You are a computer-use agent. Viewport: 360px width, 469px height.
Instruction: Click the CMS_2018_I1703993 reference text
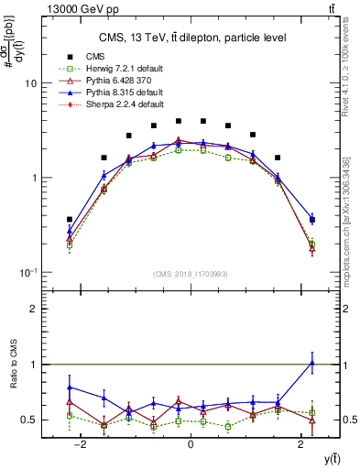190,274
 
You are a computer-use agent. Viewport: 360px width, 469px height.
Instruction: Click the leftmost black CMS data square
70,220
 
